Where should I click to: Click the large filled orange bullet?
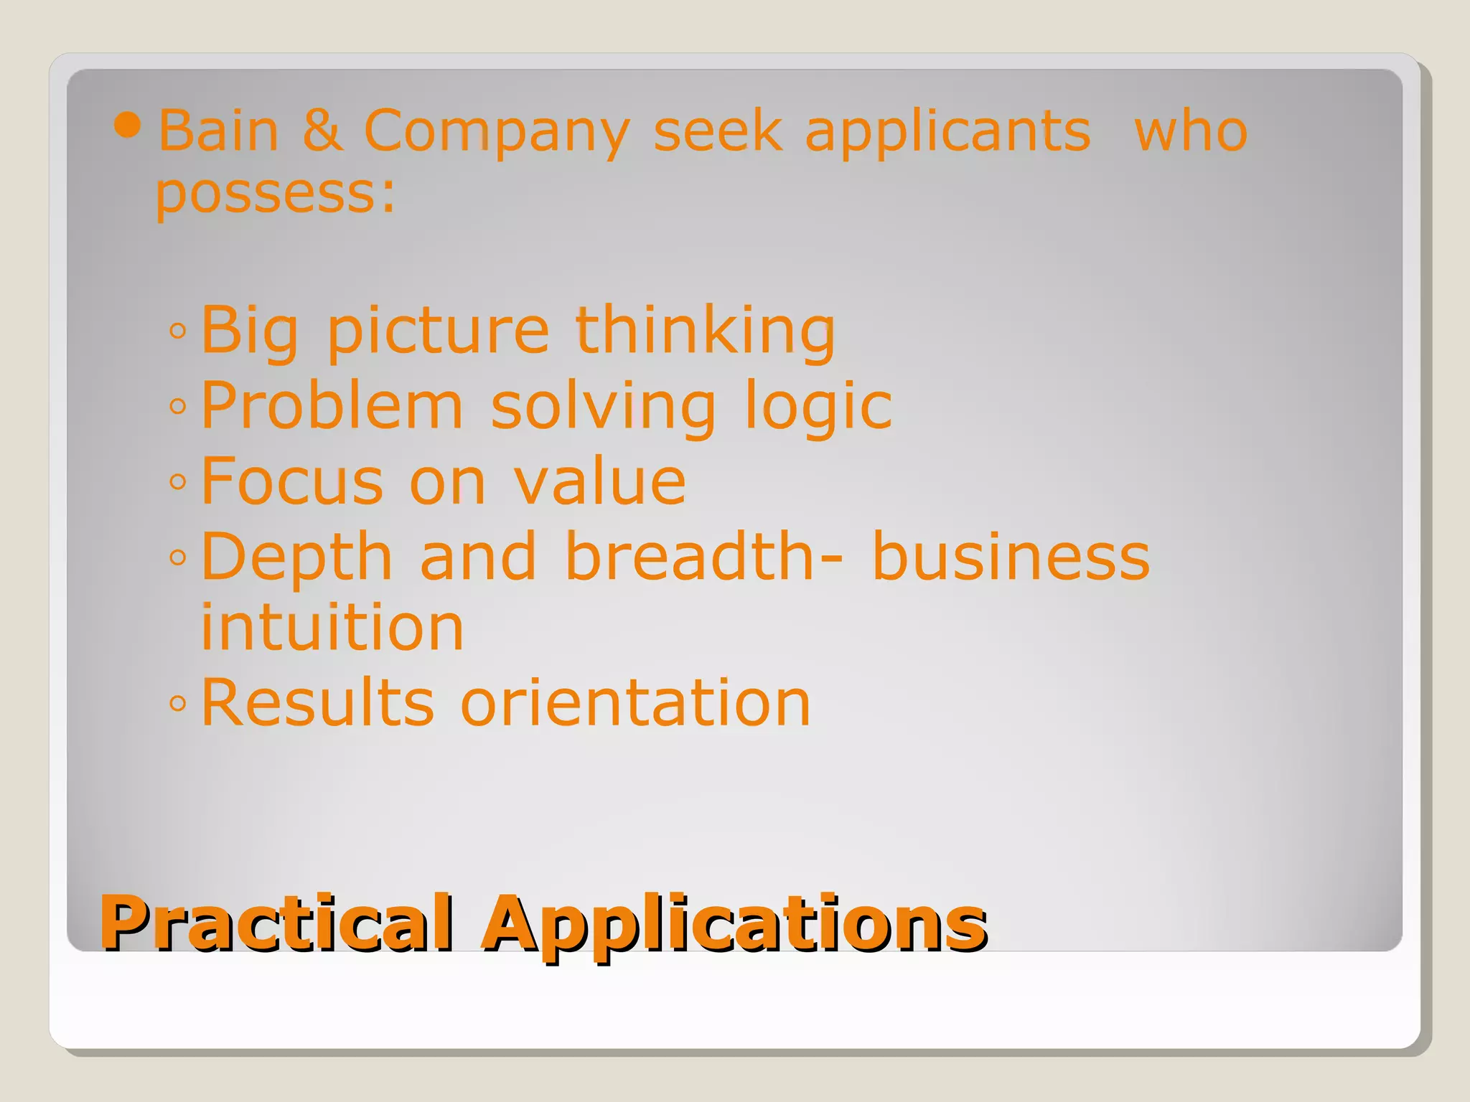coord(128,126)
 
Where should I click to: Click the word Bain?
coord(218,131)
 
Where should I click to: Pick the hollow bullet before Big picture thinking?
coord(178,331)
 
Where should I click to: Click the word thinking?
coord(706,331)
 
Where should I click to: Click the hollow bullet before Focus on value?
coord(178,481)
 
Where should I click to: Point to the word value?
coord(600,481)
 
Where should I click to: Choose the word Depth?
coord(296,558)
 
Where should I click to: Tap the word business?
coord(1011,557)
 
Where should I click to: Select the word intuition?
coord(332,627)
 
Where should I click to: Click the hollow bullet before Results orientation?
coord(178,703)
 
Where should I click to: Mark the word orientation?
coord(635,702)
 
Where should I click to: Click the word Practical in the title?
coord(276,923)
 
